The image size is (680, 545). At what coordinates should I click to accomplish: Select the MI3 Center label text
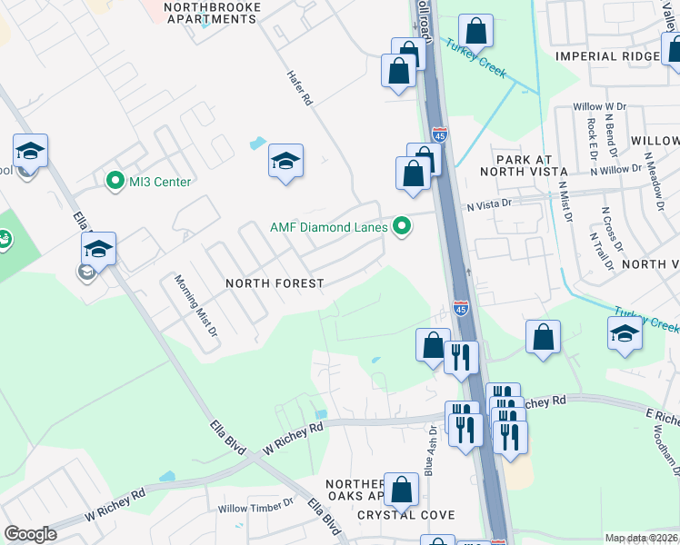click(x=160, y=182)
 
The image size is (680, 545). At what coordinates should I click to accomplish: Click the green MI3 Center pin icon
click(x=115, y=182)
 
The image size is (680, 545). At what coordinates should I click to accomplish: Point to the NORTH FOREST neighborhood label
click(x=275, y=283)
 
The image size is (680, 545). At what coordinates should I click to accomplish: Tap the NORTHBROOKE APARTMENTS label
click(x=212, y=13)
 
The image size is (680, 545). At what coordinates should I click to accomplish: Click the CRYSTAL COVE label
click(x=405, y=515)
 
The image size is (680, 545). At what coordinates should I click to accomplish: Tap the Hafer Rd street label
click(x=300, y=89)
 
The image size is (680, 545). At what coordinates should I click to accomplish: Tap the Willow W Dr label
click(x=600, y=107)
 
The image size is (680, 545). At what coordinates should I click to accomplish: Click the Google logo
click(x=30, y=534)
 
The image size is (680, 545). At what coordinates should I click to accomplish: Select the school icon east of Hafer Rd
click(x=285, y=162)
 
